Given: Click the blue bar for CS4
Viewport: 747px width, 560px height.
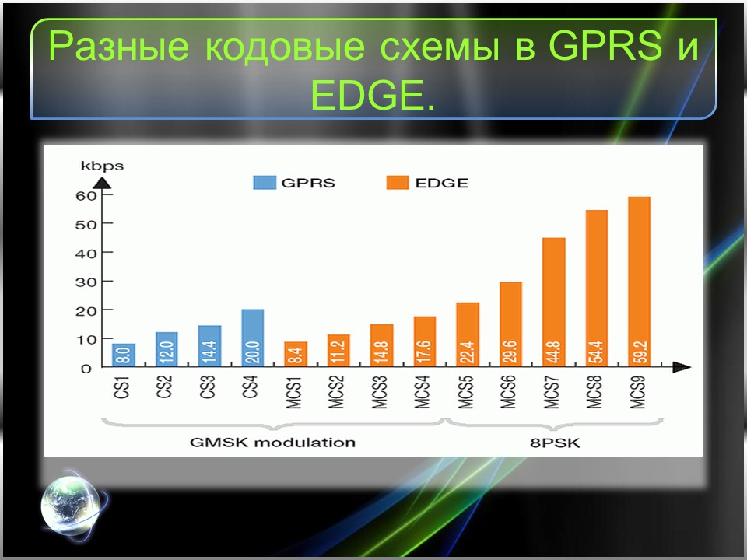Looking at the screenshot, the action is (x=252, y=338).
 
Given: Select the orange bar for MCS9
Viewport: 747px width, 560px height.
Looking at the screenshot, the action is (x=640, y=282).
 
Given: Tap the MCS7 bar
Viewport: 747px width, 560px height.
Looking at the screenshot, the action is (x=553, y=302).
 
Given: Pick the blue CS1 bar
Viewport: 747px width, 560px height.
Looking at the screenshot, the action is (x=124, y=355).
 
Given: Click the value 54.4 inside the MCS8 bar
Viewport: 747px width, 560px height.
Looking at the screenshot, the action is (x=597, y=352).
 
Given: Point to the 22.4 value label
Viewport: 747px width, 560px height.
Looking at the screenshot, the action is (x=468, y=352).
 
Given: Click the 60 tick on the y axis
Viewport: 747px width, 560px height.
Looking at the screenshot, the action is (x=86, y=196).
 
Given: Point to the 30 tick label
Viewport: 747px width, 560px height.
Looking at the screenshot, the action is (x=86, y=282).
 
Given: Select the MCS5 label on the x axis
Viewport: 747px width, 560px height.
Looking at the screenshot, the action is (x=465, y=392).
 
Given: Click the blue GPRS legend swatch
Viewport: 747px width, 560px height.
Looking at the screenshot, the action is (x=265, y=183).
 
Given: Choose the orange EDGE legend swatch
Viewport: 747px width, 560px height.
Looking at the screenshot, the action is (x=398, y=183).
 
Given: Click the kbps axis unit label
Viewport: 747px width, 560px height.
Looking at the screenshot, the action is (x=102, y=166).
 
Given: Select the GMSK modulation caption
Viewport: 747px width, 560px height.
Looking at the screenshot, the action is (x=272, y=443).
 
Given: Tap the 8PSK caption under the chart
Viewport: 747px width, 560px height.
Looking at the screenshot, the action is (x=555, y=443).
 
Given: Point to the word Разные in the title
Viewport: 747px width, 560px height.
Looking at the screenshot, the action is (x=118, y=47).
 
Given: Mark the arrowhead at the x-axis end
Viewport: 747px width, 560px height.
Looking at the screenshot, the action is (x=682, y=366).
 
